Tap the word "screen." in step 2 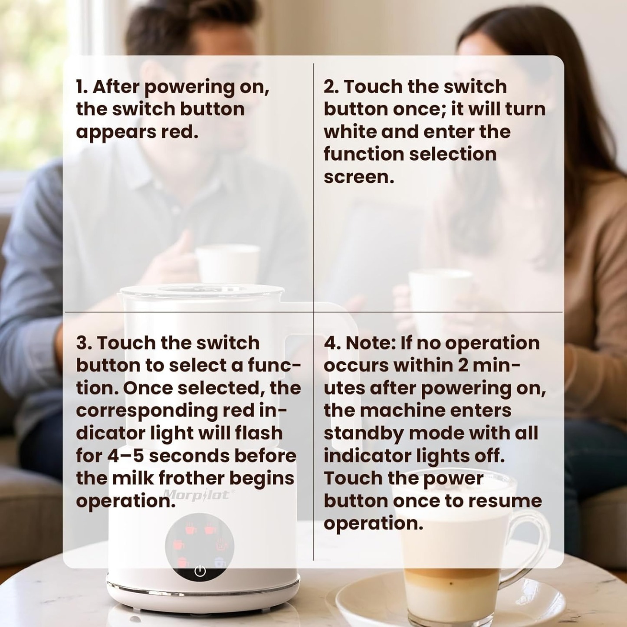point(359,177)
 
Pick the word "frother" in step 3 point(191,478)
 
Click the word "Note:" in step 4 point(370,343)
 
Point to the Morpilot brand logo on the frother point(198,495)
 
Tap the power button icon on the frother point(200,571)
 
